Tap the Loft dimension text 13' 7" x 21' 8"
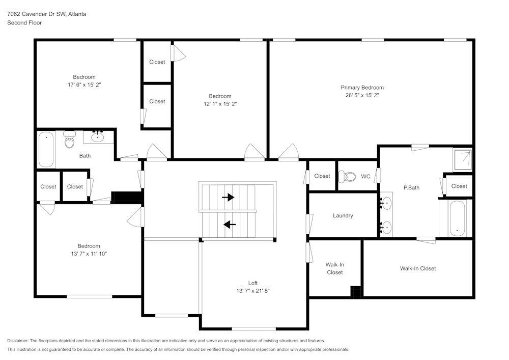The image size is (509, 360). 253,291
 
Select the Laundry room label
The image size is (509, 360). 343,215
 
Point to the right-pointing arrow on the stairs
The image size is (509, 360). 228,197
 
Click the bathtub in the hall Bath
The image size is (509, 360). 46,149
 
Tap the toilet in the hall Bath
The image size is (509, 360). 70,140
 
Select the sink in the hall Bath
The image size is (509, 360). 97,136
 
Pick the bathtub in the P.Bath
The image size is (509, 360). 457,218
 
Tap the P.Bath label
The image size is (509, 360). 411,187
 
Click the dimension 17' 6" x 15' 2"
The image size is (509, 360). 84,85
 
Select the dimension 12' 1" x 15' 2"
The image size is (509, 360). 220,103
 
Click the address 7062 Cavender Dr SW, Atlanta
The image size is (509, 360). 46,14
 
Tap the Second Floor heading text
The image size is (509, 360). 24,23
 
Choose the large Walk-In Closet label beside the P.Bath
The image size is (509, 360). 417,268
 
